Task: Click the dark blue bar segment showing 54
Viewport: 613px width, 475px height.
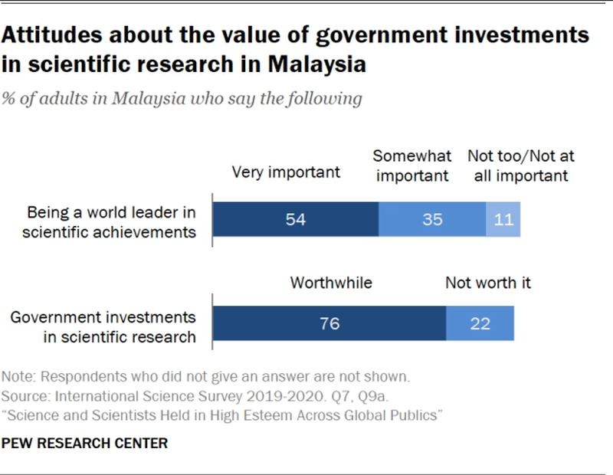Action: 295,219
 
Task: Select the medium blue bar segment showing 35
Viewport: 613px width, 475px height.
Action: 432,219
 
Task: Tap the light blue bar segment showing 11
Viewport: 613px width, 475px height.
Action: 503,219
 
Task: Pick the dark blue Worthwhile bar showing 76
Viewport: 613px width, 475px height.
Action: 329,323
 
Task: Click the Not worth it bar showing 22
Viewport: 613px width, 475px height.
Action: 480,323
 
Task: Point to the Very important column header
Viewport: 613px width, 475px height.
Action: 287,172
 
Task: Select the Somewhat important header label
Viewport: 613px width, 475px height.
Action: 412,165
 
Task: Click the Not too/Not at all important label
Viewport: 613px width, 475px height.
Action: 521,165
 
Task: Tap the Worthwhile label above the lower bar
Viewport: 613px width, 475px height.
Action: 331,283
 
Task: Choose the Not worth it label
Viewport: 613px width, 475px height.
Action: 488,283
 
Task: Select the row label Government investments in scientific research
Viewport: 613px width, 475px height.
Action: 103,326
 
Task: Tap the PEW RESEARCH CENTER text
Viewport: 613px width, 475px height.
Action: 85,443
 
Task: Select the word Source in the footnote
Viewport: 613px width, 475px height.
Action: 23,397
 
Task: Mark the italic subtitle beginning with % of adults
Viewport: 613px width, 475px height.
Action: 182,99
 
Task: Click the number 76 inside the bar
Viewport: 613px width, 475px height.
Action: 329,323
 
